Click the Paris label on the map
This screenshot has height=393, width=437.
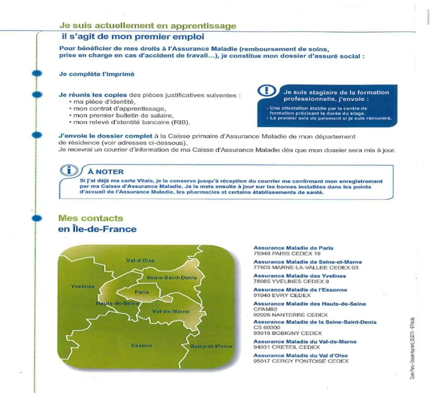point(142,292)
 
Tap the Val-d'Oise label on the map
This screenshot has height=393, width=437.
point(140,261)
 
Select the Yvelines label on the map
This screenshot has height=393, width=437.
point(83,286)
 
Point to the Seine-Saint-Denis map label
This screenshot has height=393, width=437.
point(171,278)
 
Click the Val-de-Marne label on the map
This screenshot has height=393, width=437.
point(171,311)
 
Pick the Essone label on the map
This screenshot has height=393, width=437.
point(142,345)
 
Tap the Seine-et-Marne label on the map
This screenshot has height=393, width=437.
point(211,347)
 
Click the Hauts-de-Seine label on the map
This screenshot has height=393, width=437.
point(117,303)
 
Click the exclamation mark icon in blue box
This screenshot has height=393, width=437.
point(267,91)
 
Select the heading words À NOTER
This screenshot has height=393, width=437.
point(106,172)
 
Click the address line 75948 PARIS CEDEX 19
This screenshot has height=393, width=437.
point(287,253)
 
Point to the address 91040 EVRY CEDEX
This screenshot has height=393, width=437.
point(282,295)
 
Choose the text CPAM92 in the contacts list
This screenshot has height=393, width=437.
point(265,309)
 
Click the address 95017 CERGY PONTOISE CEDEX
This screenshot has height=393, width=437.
point(301,361)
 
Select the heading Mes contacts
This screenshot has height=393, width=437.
point(91,218)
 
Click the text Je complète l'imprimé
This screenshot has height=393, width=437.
point(97,74)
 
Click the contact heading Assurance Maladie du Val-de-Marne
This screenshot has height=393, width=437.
point(305,341)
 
